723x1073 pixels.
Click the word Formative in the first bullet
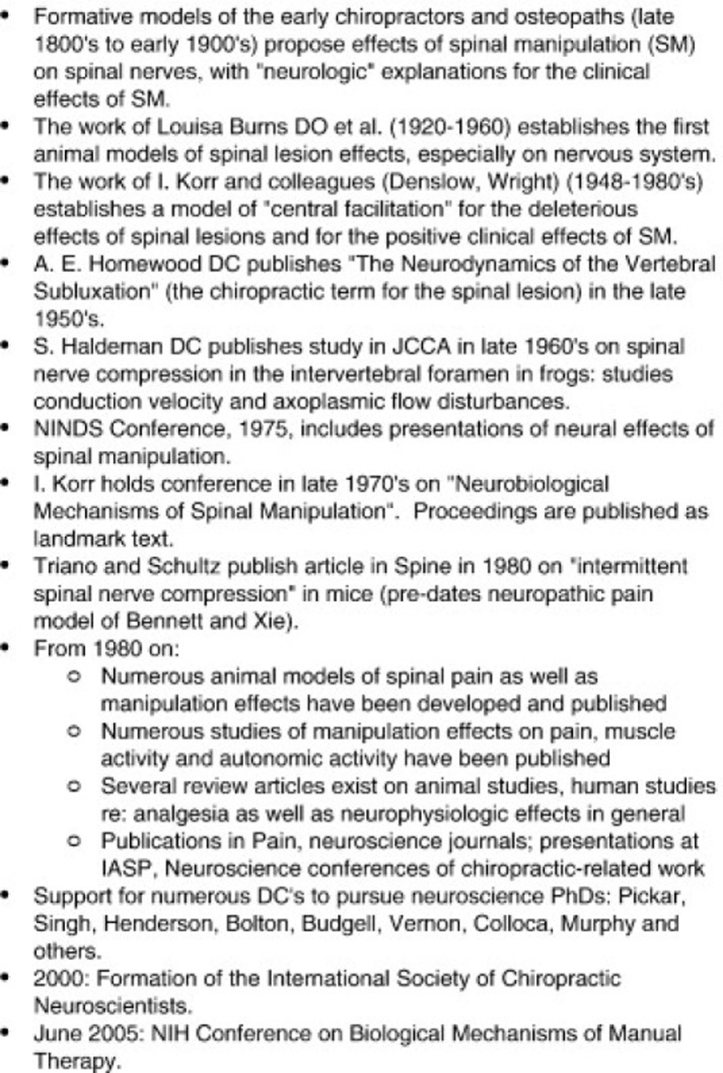(80, 16)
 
